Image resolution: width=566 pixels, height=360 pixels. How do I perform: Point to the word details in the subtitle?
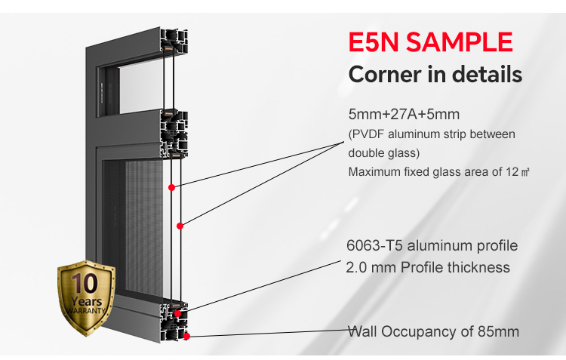485,75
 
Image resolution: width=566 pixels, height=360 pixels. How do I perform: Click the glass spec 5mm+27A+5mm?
404,115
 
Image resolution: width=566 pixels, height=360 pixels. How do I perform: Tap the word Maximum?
375,172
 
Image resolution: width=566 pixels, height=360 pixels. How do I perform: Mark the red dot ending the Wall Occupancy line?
186,336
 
